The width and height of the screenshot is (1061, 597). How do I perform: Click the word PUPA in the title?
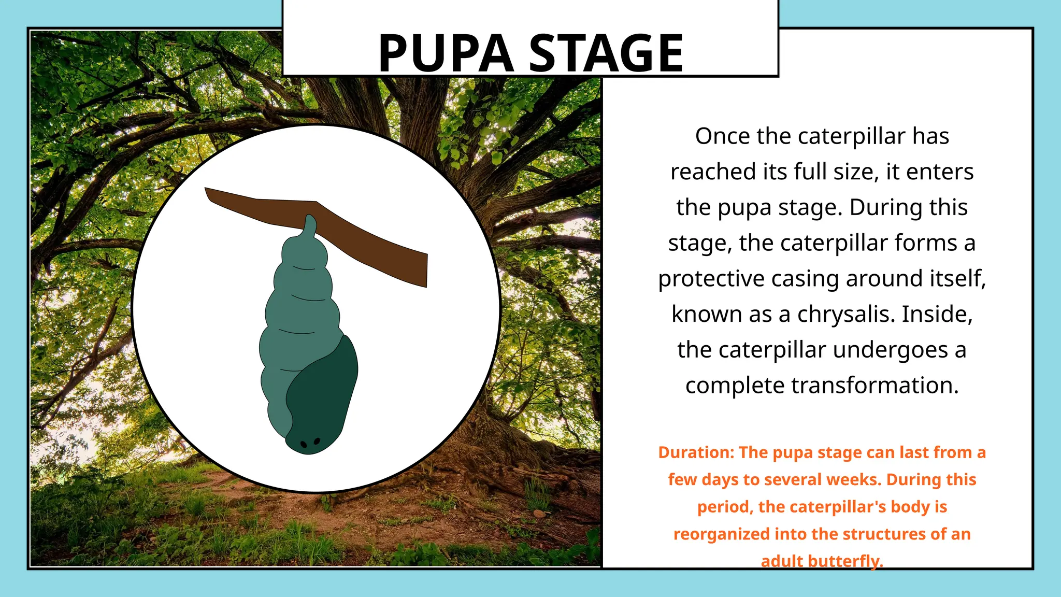pos(446,53)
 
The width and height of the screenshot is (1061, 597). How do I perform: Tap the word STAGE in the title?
pos(606,53)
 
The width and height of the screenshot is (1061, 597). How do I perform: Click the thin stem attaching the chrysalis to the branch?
pos(310,225)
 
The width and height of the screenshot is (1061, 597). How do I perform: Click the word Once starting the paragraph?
pos(723,136)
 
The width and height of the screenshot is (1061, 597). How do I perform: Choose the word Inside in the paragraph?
pos(937,314)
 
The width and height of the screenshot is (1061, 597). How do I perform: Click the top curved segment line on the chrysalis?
pos(305,268)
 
